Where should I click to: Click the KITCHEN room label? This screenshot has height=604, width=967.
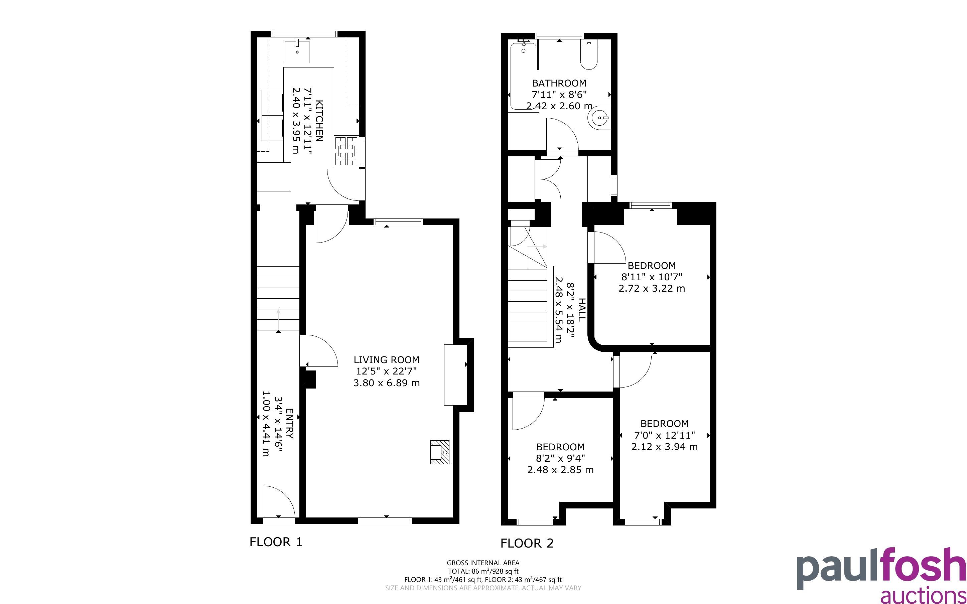click(x=319, y=121)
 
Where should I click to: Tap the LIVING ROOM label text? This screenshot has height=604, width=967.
click(x=386, y=359)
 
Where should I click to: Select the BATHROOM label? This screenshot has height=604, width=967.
click(x=559, y=83)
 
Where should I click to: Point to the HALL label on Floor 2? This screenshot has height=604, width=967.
click(x=582, y=309)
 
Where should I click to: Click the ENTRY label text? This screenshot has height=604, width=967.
click(x=290, y=424)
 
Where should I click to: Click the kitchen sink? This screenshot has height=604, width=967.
click(x=297, y=51)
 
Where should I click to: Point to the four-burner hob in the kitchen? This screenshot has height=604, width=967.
click(x=346, y=151)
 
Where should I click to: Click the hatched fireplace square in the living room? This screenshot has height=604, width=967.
click(x=439, y=452)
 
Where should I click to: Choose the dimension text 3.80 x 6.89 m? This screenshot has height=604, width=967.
click(x=386, y=383)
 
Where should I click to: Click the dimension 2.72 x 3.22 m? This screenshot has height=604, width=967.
click(x=652, y=288)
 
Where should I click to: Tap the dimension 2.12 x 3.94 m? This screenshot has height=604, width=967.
click(x=664, y=446)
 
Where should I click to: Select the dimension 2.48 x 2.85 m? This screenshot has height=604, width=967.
click(x=560, y=470)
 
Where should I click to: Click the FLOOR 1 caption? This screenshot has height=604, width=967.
click(x=276, y=542)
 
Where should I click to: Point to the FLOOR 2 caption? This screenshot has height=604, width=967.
click(x=527, y=543)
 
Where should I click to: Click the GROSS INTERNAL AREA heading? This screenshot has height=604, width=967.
click(x=483, y=563)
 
